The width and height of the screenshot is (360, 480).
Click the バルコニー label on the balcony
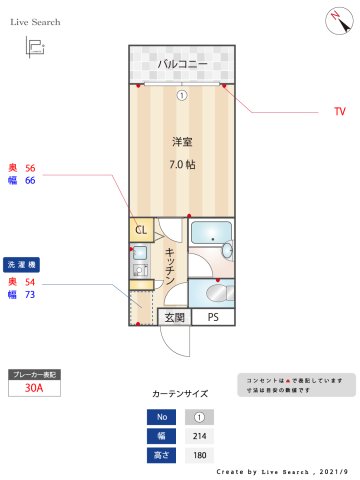pos(182,65)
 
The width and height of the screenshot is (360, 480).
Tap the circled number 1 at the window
pos(182,96)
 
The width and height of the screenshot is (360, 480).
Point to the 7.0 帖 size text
pos(182,163)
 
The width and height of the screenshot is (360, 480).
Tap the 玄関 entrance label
pos(174,318)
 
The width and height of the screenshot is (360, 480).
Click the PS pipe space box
pos(212,318)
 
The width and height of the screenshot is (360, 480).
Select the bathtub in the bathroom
pos(211,237)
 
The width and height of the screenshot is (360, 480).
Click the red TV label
pos(339,113)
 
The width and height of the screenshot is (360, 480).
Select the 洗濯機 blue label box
pos(22,265)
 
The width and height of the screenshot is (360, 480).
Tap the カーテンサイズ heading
pos(180,395)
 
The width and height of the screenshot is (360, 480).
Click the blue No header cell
pos(159,417)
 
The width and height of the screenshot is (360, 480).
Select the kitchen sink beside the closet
pos(139,261)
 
